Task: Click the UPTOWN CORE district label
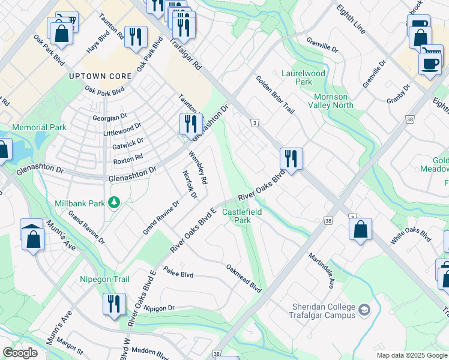click(x=95, y=76)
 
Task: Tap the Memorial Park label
click(x=39, y=128)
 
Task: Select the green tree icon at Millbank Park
click(x=113, y=203)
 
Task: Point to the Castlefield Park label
click(x=237, y=217)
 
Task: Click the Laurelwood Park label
click(x=303, y=77)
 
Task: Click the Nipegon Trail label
click(x=104, y=279)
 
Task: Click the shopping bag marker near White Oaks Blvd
click(x=360, y=229)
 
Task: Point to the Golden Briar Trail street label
click(x=275, y=94)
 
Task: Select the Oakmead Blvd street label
click(x=244, y=278)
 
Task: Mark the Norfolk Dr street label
click(x=190, y=185)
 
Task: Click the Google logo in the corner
click(x=20, y=353)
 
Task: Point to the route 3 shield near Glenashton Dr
click(x=255, y=123)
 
